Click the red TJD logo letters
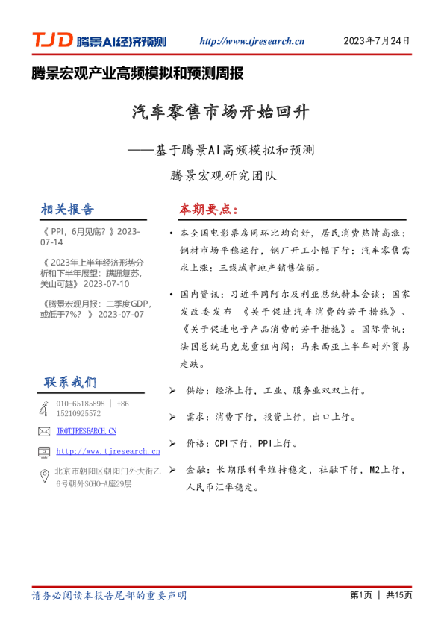(x=51, y=41)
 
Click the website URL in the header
(x=253, y=42)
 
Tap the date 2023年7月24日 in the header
(x=376, y=41)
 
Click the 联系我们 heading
(x=70, y=382)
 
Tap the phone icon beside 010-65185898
(x=43, y=408)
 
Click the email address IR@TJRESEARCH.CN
(x=87, y=431)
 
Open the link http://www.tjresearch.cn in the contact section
(x=108, y=451)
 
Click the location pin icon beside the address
(x=43, y=476)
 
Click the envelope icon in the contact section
(x=43, y=431)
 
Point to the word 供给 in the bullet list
(x=195, y=390)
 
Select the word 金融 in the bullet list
(x=195, y=471)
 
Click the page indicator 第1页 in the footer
(x=360, y=595)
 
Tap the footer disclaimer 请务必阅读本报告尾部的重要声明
(x=109, y=595)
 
